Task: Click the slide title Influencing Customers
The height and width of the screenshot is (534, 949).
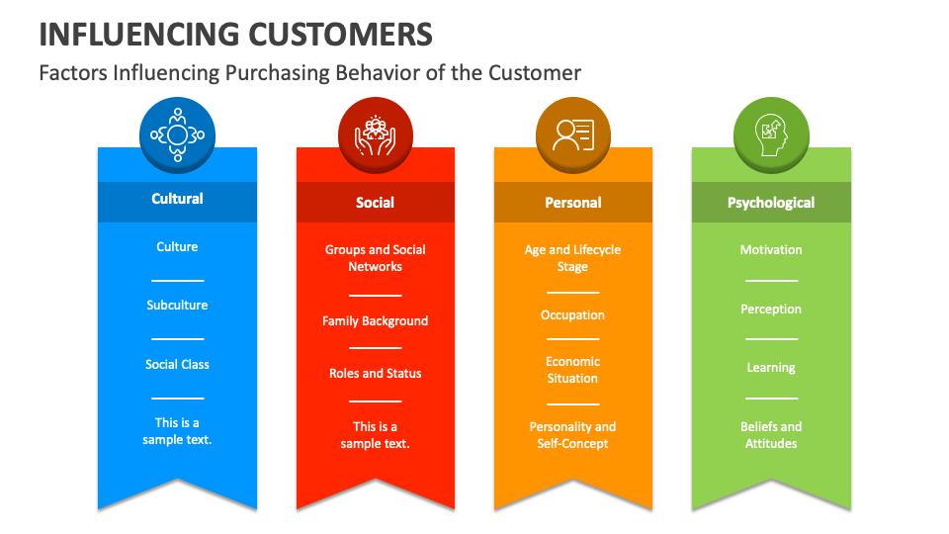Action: tap(235, 34)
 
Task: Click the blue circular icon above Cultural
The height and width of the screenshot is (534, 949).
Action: tap(177, 134)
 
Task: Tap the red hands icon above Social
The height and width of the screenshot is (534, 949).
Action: tap(376, 136)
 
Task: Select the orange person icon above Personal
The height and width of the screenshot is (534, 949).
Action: tap(573, 135)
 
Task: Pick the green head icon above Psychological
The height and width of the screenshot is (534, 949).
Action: tap(771, 135)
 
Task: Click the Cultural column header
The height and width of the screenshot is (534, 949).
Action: tap(177, 199)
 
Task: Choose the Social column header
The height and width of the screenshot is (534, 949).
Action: tap(376, 203)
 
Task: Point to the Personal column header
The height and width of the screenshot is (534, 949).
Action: tap(573, 203)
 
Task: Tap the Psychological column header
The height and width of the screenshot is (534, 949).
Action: tap(771, 203)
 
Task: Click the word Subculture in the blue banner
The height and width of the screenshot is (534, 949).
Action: tap(177, 306)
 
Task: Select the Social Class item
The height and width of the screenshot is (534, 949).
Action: tap(177, 365)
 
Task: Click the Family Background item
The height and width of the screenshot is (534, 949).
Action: tap(376, 321)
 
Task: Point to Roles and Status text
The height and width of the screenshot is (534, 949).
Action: tap(376, 374)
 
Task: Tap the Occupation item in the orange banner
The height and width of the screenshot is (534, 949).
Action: tap(573, 315)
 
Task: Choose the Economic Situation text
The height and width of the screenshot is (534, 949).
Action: tap(573, 370)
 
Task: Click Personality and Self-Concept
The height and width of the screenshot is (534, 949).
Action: tap(573, 435)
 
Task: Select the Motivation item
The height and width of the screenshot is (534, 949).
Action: tap(771, 250)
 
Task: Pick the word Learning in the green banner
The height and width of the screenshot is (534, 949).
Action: tap(771, 368)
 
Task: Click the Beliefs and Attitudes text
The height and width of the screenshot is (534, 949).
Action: tap(771, 435)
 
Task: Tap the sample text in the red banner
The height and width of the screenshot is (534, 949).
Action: tap(376, 435)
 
